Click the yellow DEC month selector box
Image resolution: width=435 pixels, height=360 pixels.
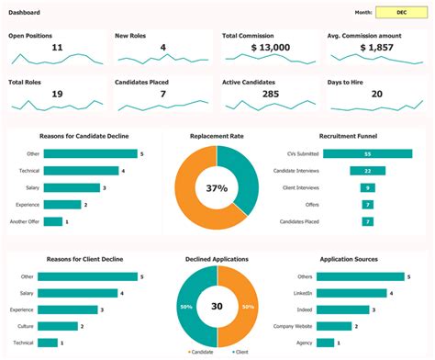[402, 14]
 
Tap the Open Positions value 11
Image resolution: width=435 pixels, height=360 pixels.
[57, 47]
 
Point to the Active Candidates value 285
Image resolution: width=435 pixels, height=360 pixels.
[270, 94]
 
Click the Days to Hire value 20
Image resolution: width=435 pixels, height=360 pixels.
[376, 94]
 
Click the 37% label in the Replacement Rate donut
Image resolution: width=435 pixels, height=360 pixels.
[217, 188]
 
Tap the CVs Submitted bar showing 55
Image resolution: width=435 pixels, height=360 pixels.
[367, 154]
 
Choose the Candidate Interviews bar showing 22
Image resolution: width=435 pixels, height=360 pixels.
[367, 171]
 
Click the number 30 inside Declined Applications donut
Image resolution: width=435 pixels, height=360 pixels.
[217, 307]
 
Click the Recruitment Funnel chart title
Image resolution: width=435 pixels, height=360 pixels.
[349, 136]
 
